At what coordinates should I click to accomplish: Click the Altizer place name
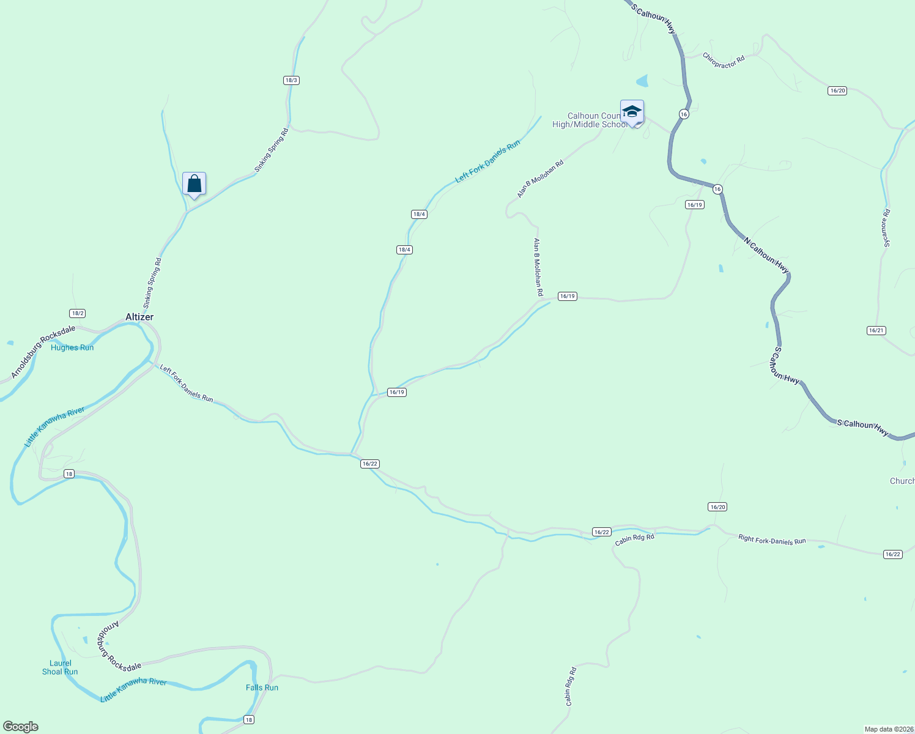click(139, 317)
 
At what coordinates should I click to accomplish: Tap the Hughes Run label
click(72, 347)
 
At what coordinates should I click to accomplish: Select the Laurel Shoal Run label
click(60, 667)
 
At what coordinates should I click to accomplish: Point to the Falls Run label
click(262, 688)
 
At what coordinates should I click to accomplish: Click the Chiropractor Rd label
click(724, 61)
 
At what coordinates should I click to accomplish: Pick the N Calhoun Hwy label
click(766, 254)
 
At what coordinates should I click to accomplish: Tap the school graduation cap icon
click(632, 112)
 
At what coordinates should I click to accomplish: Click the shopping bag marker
click(194, 183)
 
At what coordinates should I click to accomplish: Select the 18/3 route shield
click(291, 80)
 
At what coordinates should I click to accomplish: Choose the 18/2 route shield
click(77, 313)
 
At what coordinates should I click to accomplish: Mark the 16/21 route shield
click(876, 330)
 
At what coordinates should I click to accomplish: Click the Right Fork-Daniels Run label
click(772, 540)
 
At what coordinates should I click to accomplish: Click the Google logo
click(21, 727)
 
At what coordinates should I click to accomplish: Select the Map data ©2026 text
click(888, 729)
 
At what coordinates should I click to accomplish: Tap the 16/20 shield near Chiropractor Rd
click(837, 91)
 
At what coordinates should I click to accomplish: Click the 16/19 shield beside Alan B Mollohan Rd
click(567, 296)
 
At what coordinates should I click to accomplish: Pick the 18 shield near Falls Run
click(248, 719)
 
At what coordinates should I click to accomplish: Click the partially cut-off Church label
click(902, 481)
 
